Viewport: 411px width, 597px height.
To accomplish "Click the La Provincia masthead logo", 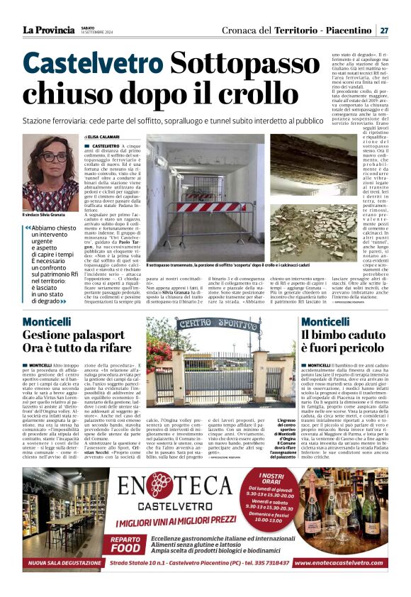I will pyautogui.click(x=48, y=30).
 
